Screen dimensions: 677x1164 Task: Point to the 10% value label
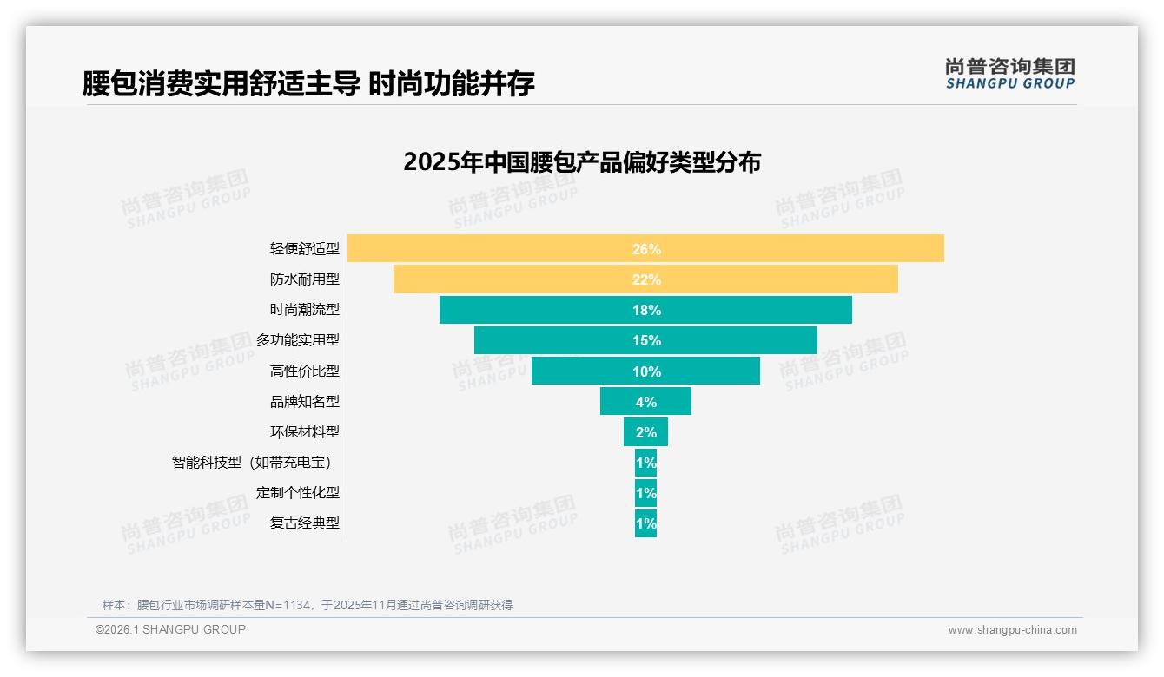pos(646,371)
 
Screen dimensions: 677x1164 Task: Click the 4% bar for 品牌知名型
pos(645,401)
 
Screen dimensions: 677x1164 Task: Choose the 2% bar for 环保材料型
pos(645,431)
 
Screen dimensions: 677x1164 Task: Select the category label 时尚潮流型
pos(304,310)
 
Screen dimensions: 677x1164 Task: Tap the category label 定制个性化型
pos(297,492)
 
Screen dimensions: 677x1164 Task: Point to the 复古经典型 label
pos(304,523)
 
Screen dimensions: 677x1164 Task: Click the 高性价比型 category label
pos(304,371)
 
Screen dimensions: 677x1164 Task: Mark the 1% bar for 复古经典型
pos(645,523)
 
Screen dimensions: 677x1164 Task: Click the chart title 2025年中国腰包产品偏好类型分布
pos(581,162)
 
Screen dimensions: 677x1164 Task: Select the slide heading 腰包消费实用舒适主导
pos(221,83)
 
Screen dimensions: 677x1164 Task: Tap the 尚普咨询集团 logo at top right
pos(1009,74)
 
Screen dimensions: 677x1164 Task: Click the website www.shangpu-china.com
pos(1012,630)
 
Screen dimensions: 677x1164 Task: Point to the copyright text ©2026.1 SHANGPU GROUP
pos(170,629)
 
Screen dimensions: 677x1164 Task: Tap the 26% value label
pos(646,249)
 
